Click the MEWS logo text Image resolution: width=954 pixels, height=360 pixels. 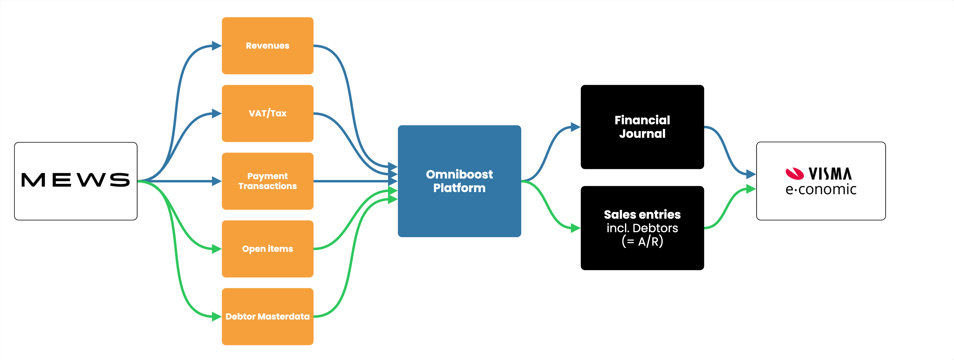pyautogui.click(x=76, y=180)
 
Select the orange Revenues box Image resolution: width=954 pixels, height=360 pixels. pyautogui.click(x=268, y=45)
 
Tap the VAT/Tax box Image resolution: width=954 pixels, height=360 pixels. pyautogui.click(x=268, y=113)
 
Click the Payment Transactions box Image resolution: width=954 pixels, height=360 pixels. pyautogui.click(x=268, y=181)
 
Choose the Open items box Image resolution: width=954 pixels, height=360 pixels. pyautogui.click(x=268, y=249)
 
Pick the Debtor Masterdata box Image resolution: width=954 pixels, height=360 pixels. pyautogui.click(x=268, y=317)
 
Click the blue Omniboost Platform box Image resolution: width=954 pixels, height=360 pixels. pyautogui.click(x=459, y=181)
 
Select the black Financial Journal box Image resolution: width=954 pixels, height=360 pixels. pyautogui.click(x=642, y=127)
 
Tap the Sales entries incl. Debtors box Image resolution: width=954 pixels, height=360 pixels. pyautogui.click(x=642, y=228)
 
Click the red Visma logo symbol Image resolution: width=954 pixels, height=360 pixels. pyautogui.click(x=795, y=173)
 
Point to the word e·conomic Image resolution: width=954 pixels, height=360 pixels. pyautogui.click(x=821, y=190)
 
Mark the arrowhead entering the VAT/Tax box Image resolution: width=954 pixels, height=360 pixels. pyautogui.click(x=217, y=113)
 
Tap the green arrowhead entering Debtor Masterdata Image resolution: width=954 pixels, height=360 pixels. pyautogui.click(x=217, y=317)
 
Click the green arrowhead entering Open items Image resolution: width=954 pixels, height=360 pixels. pyautogui.click(x=217, y=249)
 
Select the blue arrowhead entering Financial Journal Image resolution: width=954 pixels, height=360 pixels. pyautogui.click(x=575, y=127)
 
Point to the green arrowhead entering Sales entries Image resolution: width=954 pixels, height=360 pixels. pyautogui.click(x=575, y=228)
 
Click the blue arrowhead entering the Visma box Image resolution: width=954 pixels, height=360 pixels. pyautogui.click(x=751, y=174)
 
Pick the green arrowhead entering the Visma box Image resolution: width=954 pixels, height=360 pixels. pyautogui.click(x=751, y=189)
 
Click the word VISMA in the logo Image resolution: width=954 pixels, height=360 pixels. pyautogui.click(x=830, y=173)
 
